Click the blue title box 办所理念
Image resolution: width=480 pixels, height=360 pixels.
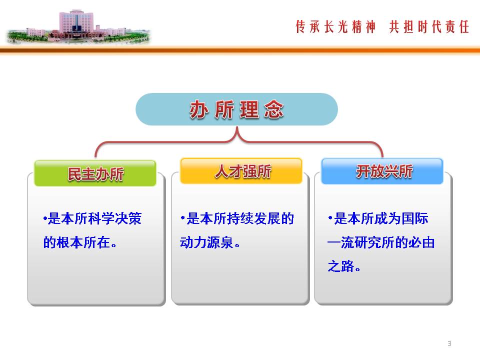point(236,109)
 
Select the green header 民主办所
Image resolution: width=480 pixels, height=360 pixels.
point(95,173)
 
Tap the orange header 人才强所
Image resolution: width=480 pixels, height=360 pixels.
point(241,171)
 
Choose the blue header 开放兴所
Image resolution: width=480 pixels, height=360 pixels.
point(382,171)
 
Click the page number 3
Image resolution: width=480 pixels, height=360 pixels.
point(449,343)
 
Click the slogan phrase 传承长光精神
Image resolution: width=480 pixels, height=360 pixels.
point(335,26)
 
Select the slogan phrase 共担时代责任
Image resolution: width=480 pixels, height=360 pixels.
point(429,26)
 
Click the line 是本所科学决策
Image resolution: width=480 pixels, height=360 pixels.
point(94,218)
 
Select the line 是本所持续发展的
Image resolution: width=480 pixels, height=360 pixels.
point(240,218)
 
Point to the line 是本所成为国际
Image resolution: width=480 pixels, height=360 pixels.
point(381,218)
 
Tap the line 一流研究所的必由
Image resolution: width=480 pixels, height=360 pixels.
point(381,242)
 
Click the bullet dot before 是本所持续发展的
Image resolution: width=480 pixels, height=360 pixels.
point(183,218)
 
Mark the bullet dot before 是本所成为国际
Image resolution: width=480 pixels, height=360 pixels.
point(330,218)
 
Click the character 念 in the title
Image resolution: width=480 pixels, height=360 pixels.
point(274,109)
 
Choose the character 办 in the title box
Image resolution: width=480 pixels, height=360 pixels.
point(199,109)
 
